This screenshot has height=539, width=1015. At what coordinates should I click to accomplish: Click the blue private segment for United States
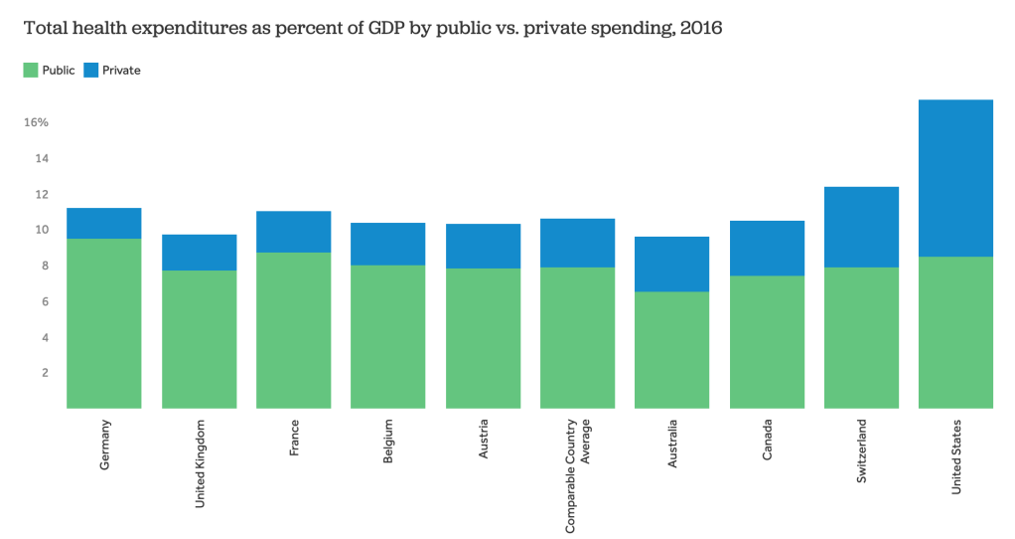[955, 178]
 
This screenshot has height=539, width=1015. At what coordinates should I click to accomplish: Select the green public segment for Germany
[104, 323]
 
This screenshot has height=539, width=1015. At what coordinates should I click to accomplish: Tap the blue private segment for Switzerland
[861, 227]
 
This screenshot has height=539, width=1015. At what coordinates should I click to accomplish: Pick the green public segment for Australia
[672, 349]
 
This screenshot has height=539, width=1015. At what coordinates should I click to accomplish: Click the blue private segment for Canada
[767, 248]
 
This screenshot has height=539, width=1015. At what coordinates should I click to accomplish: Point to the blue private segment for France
[293, 232]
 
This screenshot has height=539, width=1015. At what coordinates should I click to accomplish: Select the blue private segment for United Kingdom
[199, 253]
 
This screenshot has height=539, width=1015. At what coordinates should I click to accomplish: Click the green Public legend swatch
[30, 71]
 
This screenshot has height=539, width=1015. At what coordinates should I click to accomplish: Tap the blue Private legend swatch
[90, 71]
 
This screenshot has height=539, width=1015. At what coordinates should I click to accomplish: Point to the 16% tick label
[36, 122]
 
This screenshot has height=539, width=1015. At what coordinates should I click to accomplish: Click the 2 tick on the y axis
[44, 373]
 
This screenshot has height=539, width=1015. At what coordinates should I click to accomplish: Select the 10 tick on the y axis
[42, 230]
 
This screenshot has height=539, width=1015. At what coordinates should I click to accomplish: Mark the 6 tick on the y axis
[44, 301]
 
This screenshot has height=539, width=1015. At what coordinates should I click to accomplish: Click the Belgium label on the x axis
[388, 443]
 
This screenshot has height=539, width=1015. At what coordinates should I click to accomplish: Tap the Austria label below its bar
[483, 440]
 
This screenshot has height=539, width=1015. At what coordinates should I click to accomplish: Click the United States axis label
[956, 456]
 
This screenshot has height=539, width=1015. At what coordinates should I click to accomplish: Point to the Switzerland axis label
[861, 451]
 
